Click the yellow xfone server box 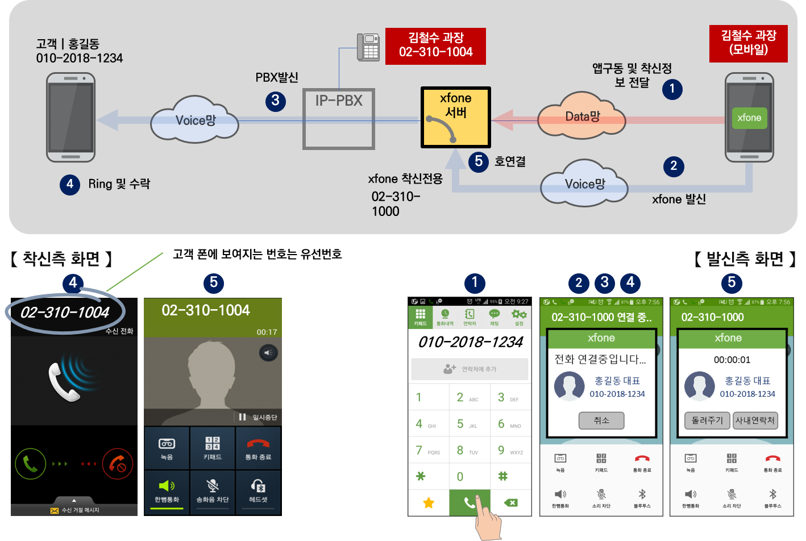pos(455,117)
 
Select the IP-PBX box pos(339,119)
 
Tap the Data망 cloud pos(581,116)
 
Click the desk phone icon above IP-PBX pos(368,47)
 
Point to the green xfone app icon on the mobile pos(749,118)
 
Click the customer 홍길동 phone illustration pos(71,117)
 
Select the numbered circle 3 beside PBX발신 pos(276,101)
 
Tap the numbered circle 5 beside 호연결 pos(479,161)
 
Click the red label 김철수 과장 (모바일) pos(748,43)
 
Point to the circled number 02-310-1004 pos(65,312)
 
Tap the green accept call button pos(31,464)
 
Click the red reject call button pos(118,464)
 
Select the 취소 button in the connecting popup pos(601,421)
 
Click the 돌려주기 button pos(707,421)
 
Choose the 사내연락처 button pos(755,421)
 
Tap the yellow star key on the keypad pos(429,502)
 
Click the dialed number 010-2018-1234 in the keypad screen pos(470,342)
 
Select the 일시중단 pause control pos(259,417)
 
